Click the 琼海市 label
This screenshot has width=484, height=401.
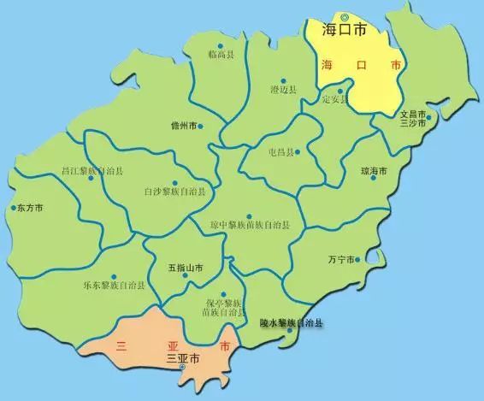tap(375, 171)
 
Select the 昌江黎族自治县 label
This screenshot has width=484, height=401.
tap(87, 171)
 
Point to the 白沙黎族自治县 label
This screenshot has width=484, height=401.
tap(174, 192)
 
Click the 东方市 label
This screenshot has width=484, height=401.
tap(31, 208)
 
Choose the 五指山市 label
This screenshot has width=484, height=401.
tap(185, 268)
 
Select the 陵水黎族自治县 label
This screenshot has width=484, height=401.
tap(292, 323)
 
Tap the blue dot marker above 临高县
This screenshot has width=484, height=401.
tap(221, 45)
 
